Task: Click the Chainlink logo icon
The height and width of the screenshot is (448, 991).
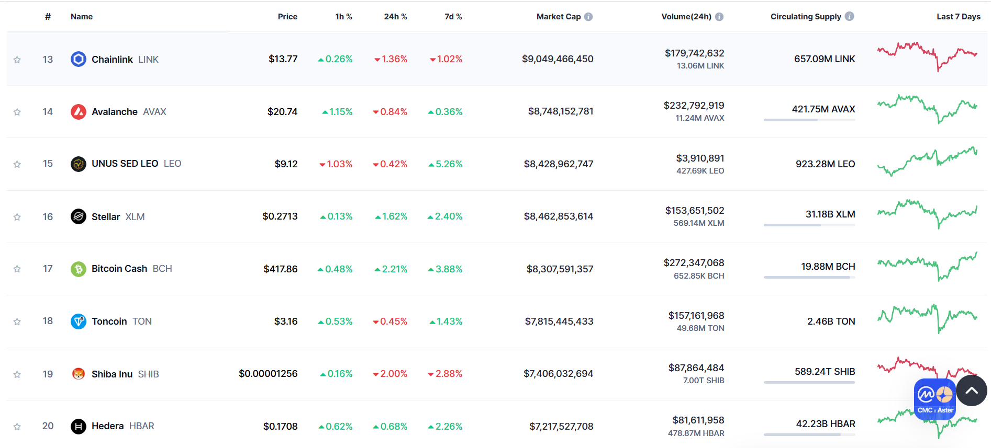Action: (78, 59)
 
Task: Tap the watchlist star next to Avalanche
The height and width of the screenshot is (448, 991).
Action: (17, 112)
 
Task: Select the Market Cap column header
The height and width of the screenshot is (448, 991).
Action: (558, 17)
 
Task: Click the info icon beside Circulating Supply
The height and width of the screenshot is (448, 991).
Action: (849, 17)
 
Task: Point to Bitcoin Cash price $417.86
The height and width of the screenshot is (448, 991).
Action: (280, 269)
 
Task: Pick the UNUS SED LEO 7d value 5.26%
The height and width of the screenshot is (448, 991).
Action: (446, 164)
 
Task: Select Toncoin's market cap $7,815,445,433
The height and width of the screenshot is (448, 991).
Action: (559, 321)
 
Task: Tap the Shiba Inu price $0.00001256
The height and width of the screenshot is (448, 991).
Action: (268, 374)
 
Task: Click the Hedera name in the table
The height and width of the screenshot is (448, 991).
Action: (107, 426)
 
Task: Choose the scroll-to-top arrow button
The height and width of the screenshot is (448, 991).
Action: (971, 390)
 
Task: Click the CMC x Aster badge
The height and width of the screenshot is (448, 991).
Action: (935, 399)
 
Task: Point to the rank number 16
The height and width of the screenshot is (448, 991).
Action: (48, 216)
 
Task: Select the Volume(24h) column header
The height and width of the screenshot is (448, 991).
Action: (686, 17)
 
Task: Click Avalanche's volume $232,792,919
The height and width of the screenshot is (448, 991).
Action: (694, 106)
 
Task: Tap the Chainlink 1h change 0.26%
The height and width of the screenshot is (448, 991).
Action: (336, 59)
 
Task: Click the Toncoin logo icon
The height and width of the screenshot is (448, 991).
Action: (78, 321)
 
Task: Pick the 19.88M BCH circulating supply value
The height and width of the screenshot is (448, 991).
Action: (828, 267)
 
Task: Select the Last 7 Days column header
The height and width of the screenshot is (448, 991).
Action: (958, 17)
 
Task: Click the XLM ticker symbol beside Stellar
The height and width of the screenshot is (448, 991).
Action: (135, 217)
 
